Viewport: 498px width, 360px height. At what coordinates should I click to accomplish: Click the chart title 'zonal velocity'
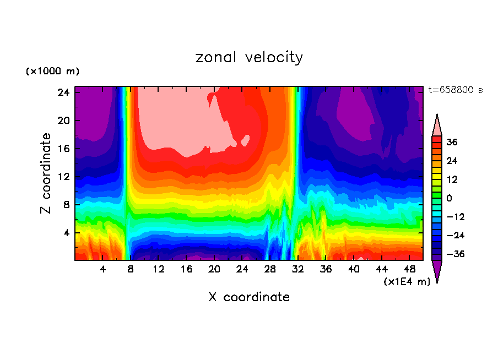pyautogui.click(x=249, y=57)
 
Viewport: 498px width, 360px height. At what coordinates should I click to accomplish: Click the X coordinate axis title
pyautogui.click(x=249, y=297)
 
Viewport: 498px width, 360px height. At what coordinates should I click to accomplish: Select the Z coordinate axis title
pyautogui.click(x=46, y=173)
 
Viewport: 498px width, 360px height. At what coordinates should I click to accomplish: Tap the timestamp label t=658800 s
pyautogui.click(x=455, y=90)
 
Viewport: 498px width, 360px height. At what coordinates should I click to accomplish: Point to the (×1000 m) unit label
pyautogui.click(x=52, y=72)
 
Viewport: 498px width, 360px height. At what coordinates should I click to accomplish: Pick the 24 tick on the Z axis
pyautogui.click(x=62, y=92)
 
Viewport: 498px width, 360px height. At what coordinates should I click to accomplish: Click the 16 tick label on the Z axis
pyautogui.click(x=62, y=149)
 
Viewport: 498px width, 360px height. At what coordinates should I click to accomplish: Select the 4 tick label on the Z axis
pyautogui.click(x=65, y=233)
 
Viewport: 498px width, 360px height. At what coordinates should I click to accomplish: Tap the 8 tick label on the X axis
pyautogui.click(x=131, y=269)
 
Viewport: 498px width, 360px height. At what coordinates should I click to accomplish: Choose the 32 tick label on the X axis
pyautogui.click(x=298, y=269)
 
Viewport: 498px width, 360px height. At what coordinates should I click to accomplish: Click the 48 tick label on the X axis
pyautogui.click(x=409, y=269)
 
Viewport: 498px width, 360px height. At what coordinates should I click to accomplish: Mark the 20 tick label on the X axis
pyautogui.click(x=214, y=269)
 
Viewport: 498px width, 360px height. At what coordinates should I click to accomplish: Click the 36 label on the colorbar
pyautogui.click(x=452, y=143)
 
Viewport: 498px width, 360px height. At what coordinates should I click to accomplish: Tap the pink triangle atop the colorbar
pyautogui.click(x=437, y=125)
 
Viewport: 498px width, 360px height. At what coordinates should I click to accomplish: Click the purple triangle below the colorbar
pyautogui.click(x=437, y=271)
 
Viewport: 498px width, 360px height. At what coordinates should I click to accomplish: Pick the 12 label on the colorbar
pyautogui.click(x=452, y=180)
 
